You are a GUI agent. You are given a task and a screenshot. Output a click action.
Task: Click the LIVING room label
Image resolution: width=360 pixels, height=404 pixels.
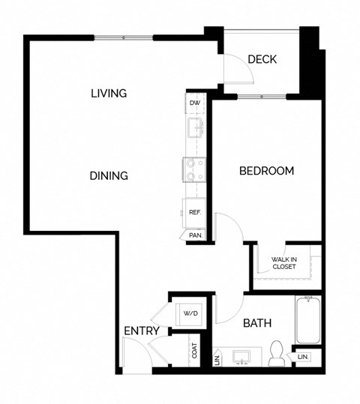point(108,94)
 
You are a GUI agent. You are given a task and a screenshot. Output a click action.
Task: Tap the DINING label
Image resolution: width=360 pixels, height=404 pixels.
point(109,175)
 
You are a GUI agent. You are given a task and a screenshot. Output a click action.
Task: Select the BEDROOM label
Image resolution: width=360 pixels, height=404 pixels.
point(266,171)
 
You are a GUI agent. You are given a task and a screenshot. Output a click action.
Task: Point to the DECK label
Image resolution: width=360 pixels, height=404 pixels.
point(262,60)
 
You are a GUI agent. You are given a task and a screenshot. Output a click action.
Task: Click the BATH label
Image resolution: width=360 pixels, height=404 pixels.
point(256,324)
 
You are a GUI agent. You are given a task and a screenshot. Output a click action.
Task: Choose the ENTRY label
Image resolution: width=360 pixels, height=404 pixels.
point(141,331)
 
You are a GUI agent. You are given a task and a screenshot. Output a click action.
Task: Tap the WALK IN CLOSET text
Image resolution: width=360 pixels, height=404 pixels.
point(284,262)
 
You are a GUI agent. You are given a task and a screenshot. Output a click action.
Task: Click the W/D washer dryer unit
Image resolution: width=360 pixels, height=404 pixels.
point(189,313)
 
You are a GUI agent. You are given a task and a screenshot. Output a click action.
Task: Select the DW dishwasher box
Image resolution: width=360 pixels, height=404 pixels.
point(195,103)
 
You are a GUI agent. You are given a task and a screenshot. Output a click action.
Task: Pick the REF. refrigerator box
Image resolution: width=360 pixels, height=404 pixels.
point(194,212)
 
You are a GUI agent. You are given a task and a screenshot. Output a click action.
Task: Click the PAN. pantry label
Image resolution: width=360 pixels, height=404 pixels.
point(195,235)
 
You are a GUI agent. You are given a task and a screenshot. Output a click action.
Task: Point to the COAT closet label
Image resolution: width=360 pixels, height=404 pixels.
point(195,350)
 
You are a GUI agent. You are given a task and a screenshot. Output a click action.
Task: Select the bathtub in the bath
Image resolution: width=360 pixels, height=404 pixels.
point(308,320)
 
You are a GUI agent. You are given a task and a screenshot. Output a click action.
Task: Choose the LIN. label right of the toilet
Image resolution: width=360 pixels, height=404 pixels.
point(304,358)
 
